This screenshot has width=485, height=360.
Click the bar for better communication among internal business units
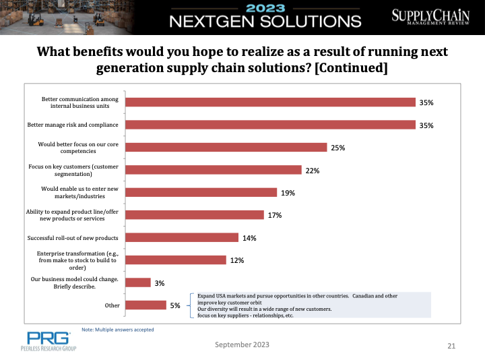pos(270,102)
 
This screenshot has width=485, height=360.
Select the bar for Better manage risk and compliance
pos(270,125)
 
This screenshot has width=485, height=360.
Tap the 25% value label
pos(337,148)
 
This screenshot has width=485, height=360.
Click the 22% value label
pos(312,171)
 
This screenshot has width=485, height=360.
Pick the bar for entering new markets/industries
pos(201,193)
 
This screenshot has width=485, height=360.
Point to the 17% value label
pos(274,215)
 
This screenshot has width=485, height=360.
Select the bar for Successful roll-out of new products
pos(183,238)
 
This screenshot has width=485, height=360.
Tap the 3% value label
pos(160,283)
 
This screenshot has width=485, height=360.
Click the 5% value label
pos(175,306)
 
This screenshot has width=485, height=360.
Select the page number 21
pos(451,346)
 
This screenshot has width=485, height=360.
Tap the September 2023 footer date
pos(242,344)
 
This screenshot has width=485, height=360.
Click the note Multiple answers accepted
pos(117,330)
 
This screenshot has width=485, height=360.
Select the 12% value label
pos(236,260)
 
